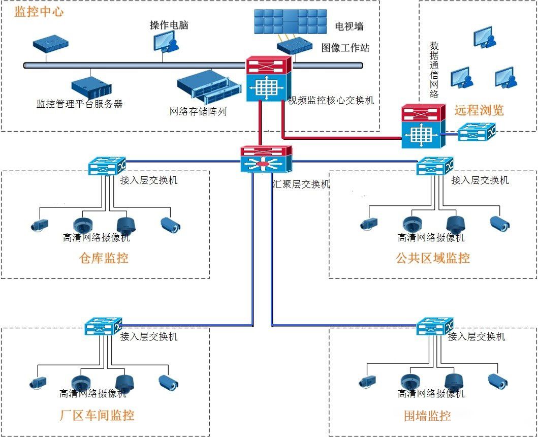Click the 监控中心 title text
(39, 12)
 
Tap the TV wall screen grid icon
(290, 21)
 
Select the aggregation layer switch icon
(267, 159)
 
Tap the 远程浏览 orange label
(479, 110)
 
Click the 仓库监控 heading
(104, 258)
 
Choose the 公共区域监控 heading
(433, 258)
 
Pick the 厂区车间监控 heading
(97, 415)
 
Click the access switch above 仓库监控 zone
(106, 166)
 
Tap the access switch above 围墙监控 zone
(434, 326)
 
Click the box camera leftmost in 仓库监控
(39, 225)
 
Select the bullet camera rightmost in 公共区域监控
(499, 223)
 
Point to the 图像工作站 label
(345, 48)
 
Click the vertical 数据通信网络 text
(434, 70)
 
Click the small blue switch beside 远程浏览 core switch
(476, 134)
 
